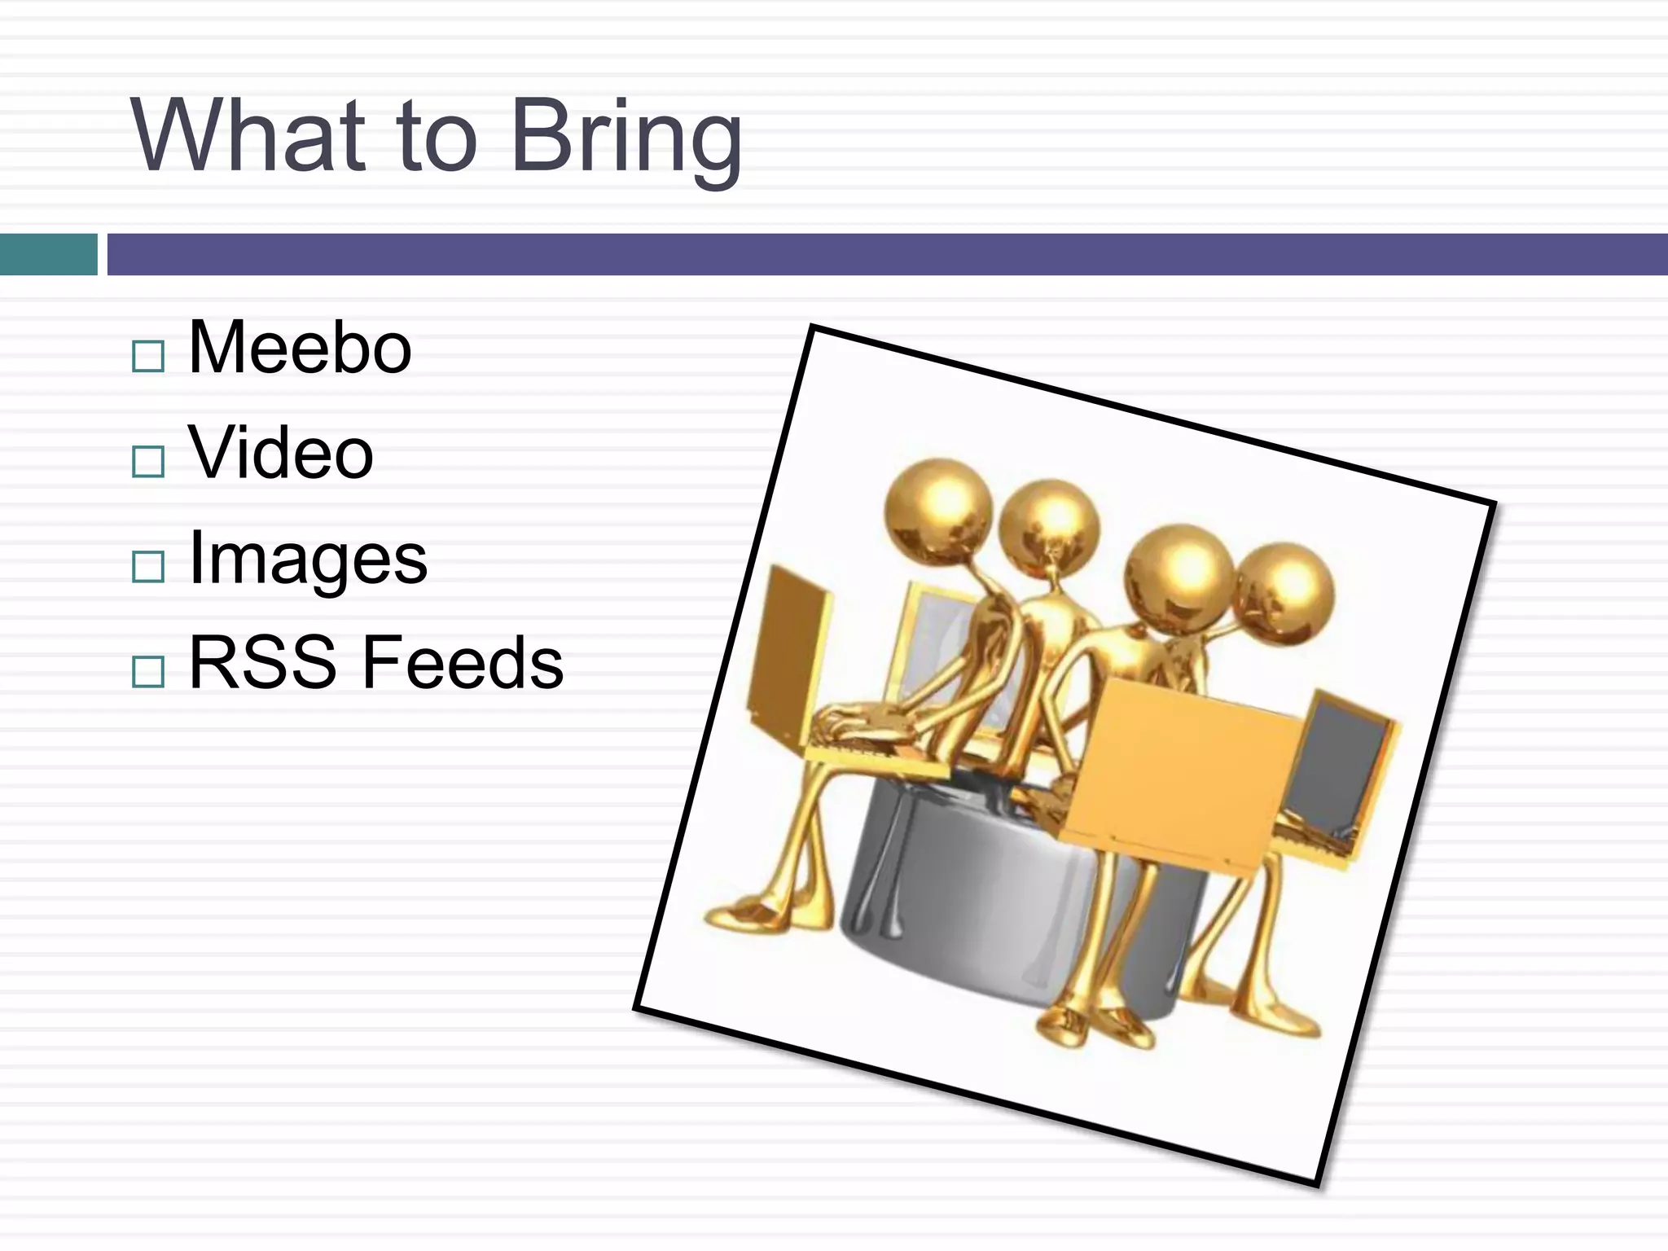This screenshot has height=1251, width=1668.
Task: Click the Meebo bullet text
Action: (300, 348)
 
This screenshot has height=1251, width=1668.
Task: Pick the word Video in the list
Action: (281, 453)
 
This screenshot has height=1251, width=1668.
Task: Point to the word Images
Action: (308, 560)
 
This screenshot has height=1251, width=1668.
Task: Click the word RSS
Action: (262, 663)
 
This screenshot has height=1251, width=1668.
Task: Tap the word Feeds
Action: (463, 663)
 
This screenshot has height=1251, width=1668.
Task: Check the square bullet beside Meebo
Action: (148, 357)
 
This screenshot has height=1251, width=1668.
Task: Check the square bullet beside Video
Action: (148, 462)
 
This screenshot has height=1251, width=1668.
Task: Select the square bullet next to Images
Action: (148, 566)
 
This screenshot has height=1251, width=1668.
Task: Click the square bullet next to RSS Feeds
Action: (148, 672)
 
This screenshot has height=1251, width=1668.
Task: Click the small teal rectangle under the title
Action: (48, 254)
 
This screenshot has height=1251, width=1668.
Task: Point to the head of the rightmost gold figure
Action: (1284, 593)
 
